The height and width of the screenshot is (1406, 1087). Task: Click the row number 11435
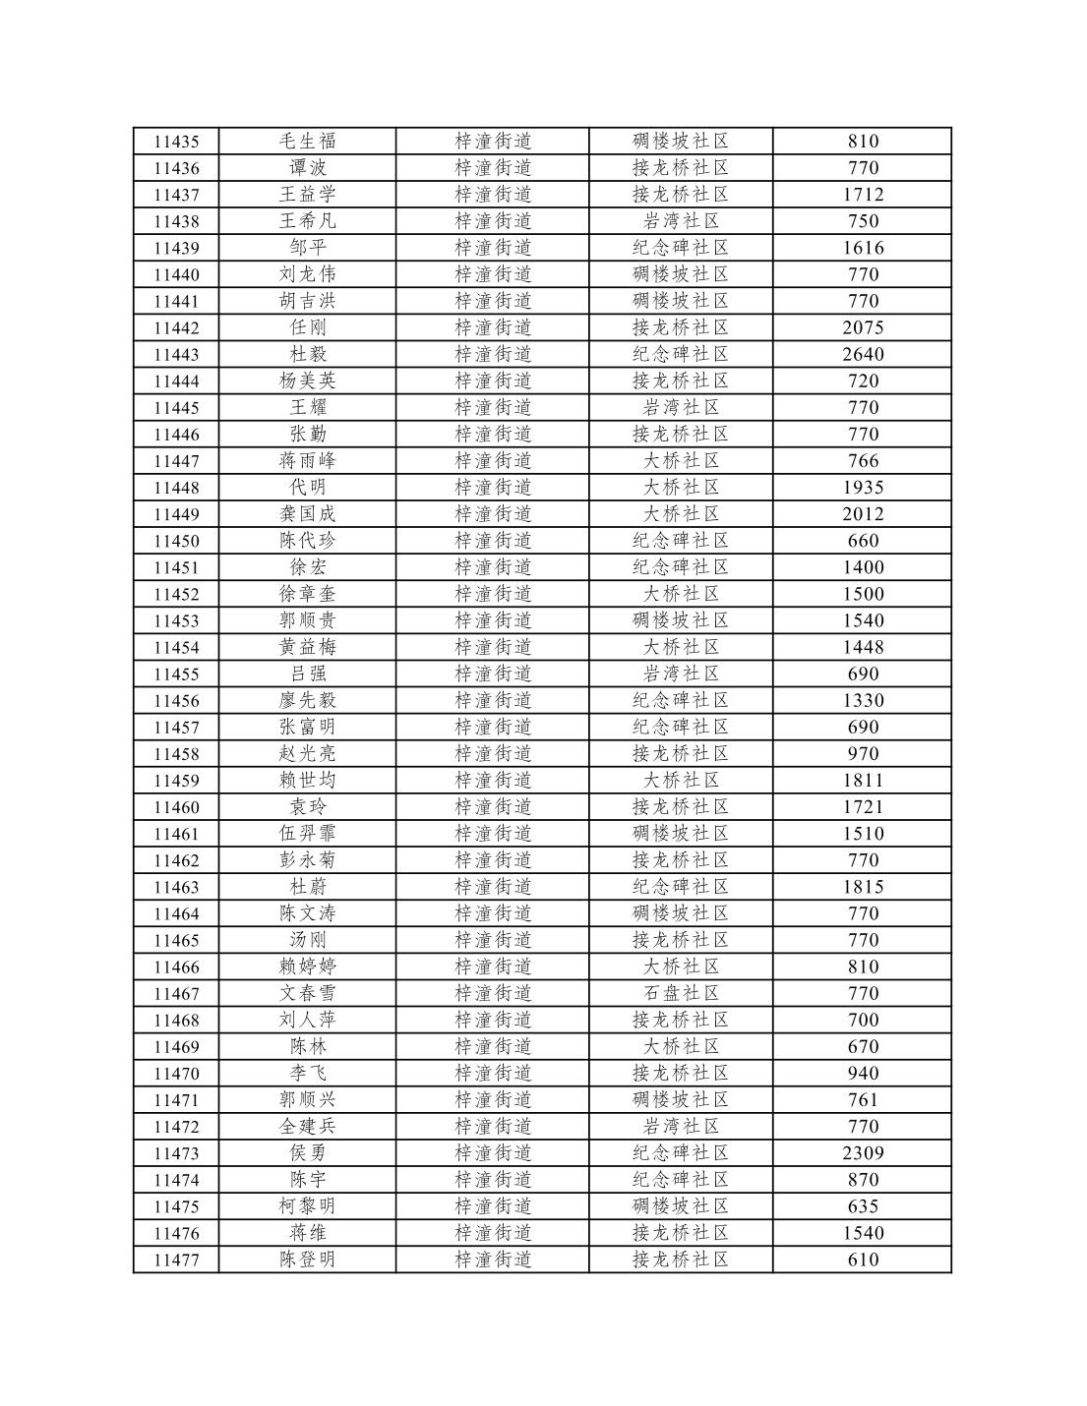[x=176, y=142]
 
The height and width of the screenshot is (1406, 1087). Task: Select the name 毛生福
[x=307, y=142]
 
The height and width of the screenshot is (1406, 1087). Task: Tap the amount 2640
[x=863, y=354]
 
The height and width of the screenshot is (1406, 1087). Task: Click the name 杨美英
[x=307, y=381]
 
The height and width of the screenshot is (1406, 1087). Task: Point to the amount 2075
[x=863, y=327]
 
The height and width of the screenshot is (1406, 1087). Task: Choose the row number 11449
[x=176, y=514]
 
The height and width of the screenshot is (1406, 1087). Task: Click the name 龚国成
[x=307, y=514]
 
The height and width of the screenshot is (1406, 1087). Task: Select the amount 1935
[x=863, y=488]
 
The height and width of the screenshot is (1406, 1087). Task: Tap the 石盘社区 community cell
[x=681, y=993]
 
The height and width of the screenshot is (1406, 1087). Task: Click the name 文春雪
[x=307, y=993]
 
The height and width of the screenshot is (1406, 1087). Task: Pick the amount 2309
[x=863, y=1153]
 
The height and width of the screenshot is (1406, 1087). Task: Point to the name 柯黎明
[x=307, y=1206]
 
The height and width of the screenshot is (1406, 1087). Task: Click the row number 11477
[x=176, y=1260]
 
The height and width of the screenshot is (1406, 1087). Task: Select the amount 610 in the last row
[x=863, y=1260]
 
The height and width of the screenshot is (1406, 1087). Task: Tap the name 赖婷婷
[x=307, y=967]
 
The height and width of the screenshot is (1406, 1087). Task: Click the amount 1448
[x=863, y=647]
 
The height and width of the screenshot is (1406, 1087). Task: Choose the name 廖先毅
[x=307, y=700]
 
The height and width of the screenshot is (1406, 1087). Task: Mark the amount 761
[x=863, y=1100]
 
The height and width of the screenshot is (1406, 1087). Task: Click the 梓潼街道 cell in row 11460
[x=493, y=807]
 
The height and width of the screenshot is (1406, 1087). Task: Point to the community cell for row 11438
[x=681, y=221]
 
